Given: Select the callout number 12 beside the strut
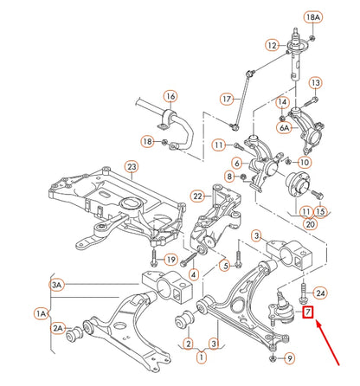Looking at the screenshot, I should pos(272,45).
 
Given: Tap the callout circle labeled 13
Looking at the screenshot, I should pos(315,83).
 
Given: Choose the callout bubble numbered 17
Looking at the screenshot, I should pos(228,99).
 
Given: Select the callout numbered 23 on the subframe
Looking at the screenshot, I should pos(132,167).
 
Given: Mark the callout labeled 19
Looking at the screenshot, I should pos(170,259).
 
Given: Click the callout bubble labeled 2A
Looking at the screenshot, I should pos(58,328).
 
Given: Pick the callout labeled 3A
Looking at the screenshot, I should pos(57,284).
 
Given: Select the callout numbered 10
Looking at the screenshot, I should pos(304,162).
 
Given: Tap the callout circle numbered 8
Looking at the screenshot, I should pos(228,177).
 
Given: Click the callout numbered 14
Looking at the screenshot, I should pos(281,102).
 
